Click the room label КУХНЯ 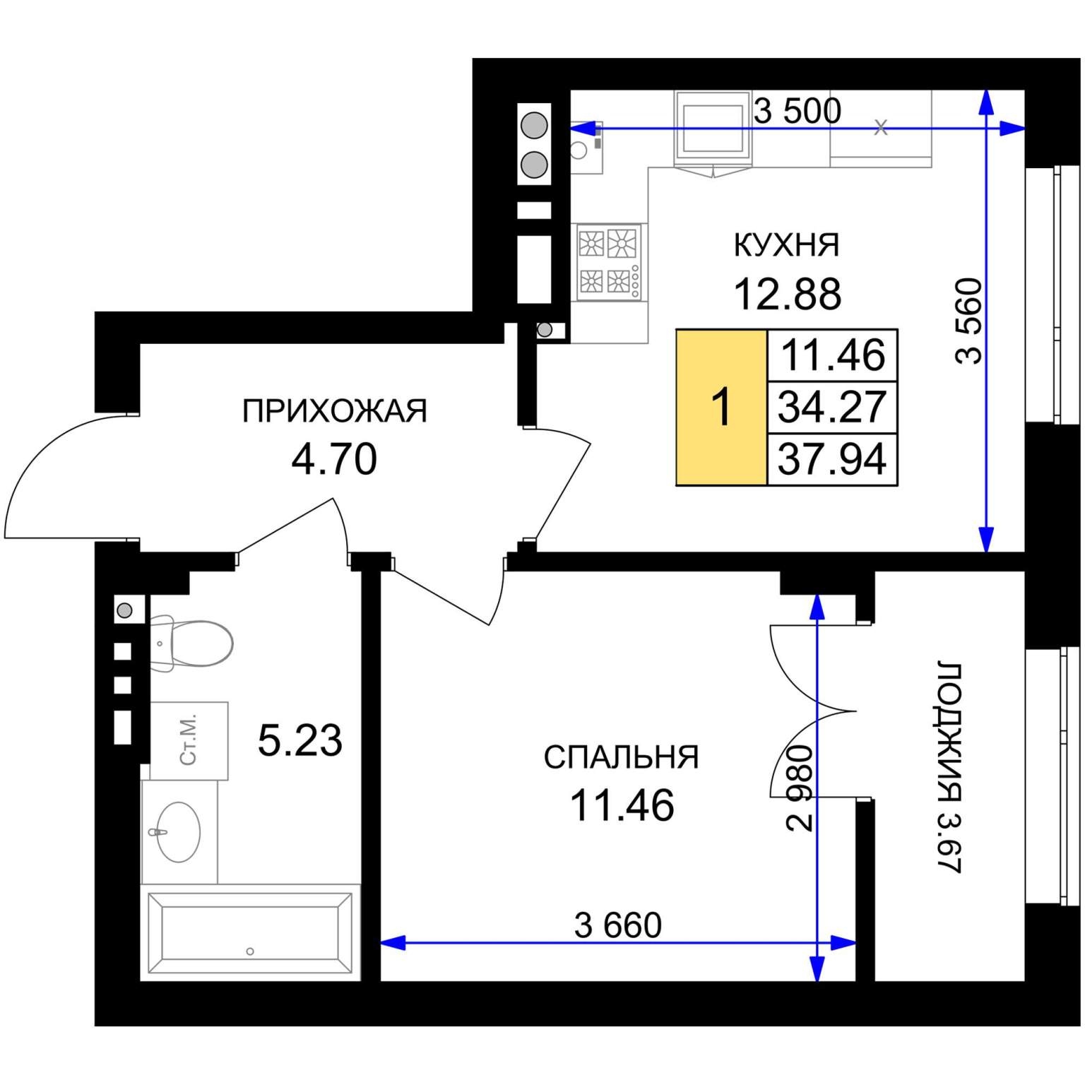[x=787, y=244]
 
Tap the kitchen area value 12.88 [x=788, y=294]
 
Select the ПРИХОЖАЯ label [x=335, y=410]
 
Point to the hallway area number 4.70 [x=334, y=459]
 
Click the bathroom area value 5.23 [x=300, y=740]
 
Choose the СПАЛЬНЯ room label [x=621, y=757]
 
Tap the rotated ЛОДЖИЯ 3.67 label [x=950, y=767]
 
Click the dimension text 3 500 [x=798, y=111]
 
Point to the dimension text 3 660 [x=618, y=925]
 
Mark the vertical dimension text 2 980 [x=801, y=788]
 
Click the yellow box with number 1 [x=721, y=408]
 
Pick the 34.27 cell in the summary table [x=832, y=408]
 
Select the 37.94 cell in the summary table [x=832, y=459]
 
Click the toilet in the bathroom [x=191, y=644]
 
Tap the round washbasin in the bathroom [x=178, y=832]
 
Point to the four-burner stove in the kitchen [x=609, y=262]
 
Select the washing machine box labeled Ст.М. [x=189, y=741]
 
